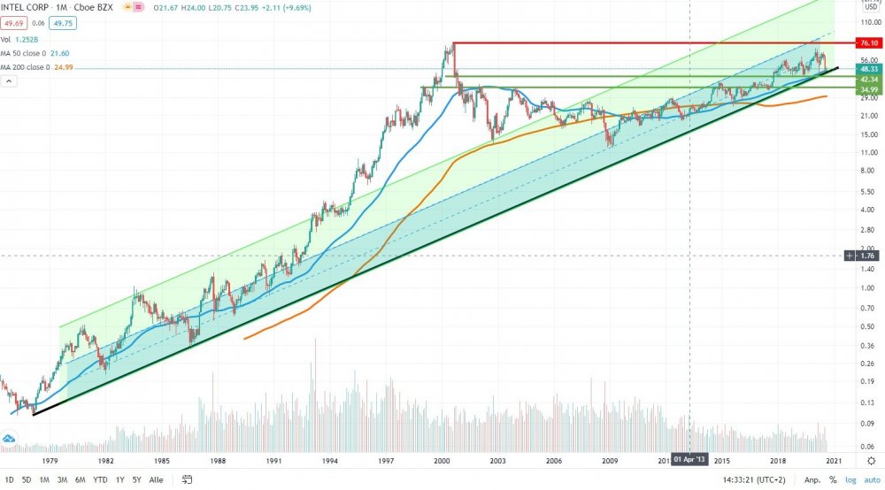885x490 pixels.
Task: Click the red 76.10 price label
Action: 866,42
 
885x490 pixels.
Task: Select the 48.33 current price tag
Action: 866,68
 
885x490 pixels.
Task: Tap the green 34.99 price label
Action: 866,89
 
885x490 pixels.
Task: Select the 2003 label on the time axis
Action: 497,461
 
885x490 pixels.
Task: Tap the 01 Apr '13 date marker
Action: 690,460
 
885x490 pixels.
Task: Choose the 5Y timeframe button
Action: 137,480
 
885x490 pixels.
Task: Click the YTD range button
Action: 101,480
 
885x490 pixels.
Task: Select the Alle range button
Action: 157,480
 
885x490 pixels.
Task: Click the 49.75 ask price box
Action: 64,25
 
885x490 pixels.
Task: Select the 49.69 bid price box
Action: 12,25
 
